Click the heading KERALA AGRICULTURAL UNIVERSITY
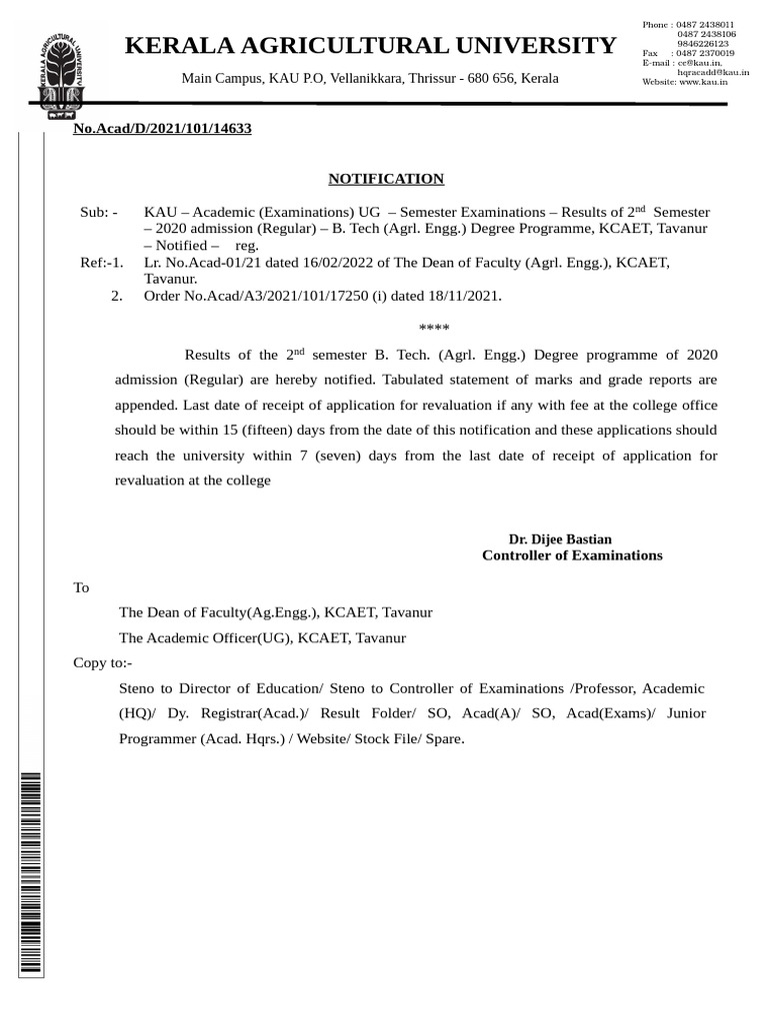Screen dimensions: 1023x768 point(370,45)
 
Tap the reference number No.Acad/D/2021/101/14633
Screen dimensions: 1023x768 point(161,129)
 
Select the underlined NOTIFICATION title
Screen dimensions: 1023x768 point(386,179)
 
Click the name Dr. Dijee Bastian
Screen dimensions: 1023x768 point(560,538)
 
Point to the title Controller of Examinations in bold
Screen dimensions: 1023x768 point(572,555)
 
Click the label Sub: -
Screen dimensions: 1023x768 point(99,212)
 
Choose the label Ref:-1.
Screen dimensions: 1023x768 point(101,263)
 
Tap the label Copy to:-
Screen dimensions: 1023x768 point(103,662)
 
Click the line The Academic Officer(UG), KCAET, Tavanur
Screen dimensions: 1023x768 point(262,637)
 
